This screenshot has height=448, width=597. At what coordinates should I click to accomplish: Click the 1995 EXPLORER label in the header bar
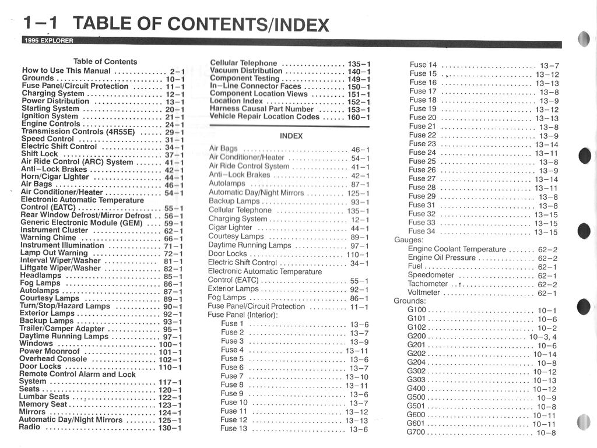(48, 41)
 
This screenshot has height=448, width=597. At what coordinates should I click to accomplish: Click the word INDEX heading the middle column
(291, 136)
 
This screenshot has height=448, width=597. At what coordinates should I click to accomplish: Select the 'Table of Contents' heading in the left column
(106, 61)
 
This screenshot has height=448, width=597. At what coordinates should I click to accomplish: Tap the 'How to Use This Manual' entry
(66, 70)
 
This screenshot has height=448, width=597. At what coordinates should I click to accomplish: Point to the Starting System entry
(50, 108)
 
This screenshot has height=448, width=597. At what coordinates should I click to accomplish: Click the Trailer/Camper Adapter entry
(62, 329)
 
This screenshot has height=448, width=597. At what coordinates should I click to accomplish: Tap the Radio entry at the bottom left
(30, 427)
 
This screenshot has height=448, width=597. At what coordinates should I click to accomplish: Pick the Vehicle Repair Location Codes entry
(265, 117)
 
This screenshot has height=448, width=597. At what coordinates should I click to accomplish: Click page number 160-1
(359, 117)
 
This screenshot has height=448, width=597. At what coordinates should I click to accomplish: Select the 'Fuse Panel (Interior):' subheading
(243, 315)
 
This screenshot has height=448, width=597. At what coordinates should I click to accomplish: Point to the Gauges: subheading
(409, 240)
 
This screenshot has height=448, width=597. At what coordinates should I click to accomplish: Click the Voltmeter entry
(424, 292)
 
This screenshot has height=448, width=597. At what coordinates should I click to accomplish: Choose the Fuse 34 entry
(423, 231)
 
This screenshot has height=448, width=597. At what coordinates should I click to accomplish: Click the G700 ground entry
(417, 433)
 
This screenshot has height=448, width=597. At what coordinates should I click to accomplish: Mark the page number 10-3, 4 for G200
(543, 337)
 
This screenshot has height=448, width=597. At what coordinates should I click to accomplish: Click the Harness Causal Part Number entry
(261, 108)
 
